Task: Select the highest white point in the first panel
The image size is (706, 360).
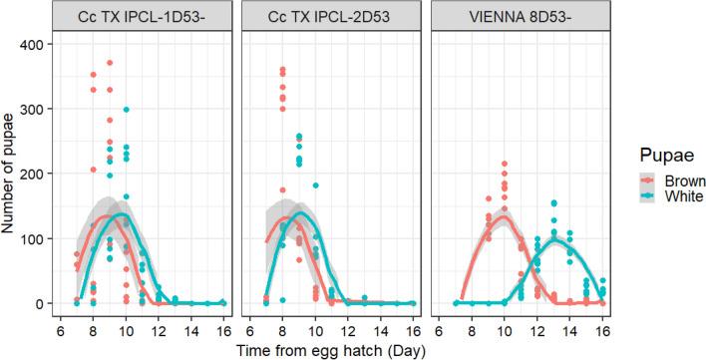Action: [x=126, y=110]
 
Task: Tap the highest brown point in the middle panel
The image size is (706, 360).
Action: [x=283, y=70]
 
